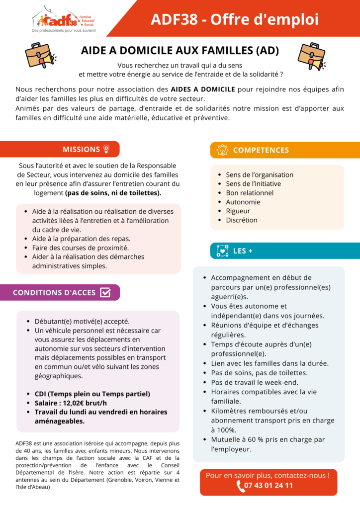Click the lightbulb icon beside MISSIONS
tap(105, 149)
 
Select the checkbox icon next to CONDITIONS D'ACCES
tap(105, 292)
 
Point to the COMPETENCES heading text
tap(261, 150)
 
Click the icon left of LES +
tap(222, 251)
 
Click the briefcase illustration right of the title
tap(310, 56)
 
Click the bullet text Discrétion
tap(242, 220)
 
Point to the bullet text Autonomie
tap(243, 202)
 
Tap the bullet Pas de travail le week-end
tap(255, 382)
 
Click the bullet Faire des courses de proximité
tap(81, 248)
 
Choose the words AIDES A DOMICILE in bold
tap(203, 89)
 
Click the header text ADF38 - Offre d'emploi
tap(235, 19)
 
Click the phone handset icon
tap(241, 486)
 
